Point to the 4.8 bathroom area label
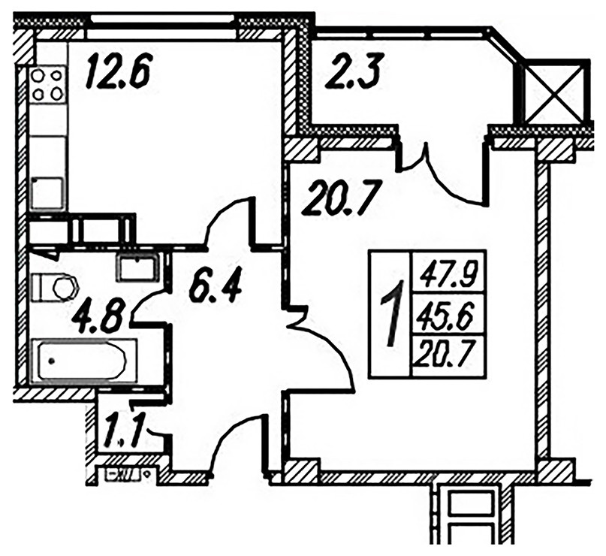coord(99,317)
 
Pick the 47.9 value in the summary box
coord(449,273)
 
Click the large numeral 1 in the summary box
coord(392,313)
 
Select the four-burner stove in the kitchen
coord(47,84)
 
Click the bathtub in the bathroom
coord(83,361)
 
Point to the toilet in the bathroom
coord(54,287)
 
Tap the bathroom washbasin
coord(137,267)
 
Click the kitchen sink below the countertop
coord(47,193)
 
